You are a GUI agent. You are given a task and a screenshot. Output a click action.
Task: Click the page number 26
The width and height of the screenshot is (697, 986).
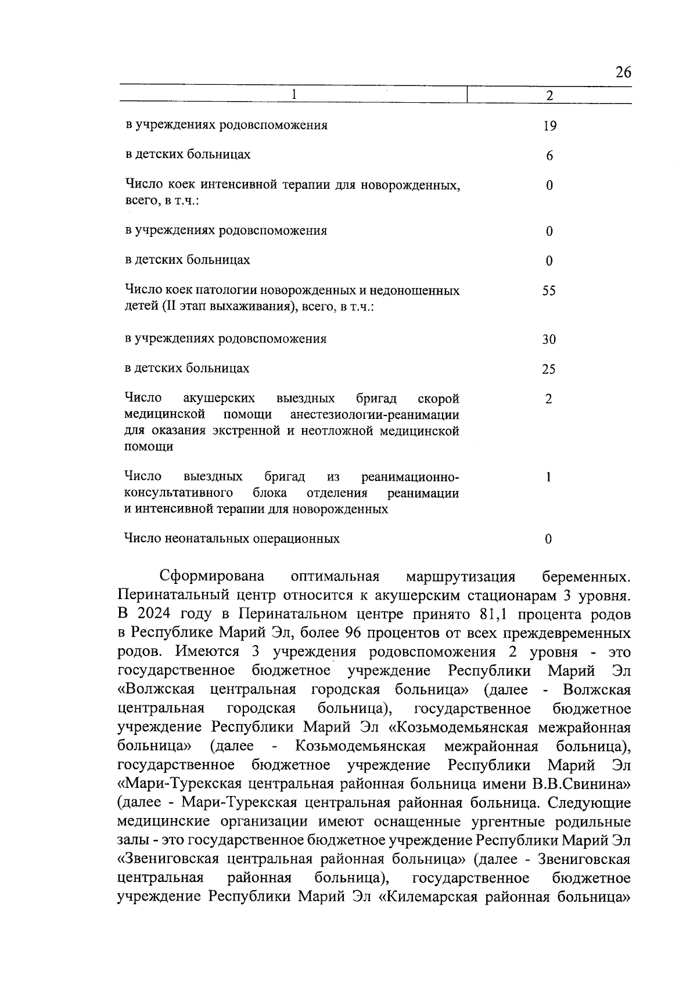coord(623,73)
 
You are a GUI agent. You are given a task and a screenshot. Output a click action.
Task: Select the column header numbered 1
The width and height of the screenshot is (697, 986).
coord(294,95)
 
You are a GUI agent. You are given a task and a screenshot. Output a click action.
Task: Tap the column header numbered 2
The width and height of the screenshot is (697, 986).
coord(549,95)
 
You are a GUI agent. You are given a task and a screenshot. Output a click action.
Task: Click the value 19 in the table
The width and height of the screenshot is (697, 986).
coord(549,126)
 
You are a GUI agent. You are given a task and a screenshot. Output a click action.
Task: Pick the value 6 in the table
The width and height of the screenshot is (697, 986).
coord(549,156)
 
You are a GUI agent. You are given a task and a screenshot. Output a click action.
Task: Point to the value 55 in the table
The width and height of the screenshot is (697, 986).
coord(549,291)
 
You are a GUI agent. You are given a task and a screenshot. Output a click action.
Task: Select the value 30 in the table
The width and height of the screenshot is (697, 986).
coord(549,339)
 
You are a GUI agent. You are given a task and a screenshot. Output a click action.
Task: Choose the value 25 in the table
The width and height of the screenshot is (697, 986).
coord(549,370)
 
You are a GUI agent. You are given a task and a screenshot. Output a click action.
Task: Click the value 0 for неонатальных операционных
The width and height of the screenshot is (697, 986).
coord(549,539)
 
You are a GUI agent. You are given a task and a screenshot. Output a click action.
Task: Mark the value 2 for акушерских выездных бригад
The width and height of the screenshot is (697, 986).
coord(549,399)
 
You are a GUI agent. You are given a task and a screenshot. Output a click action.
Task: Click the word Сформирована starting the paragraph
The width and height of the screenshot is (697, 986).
coord(212,576)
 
